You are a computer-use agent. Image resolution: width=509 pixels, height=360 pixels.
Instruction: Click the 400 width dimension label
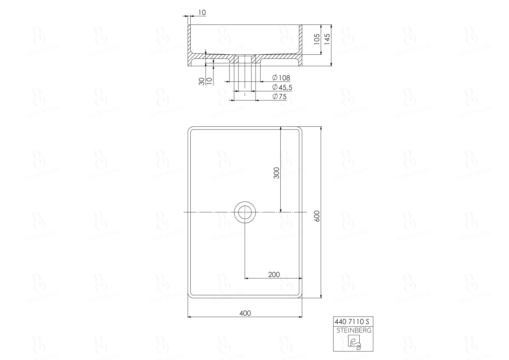click(x=245, y=313)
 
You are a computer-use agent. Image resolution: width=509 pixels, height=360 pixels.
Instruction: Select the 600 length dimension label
click(x=317, y=216)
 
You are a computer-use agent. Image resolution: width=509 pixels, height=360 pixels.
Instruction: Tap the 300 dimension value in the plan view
click(x=277, y=173)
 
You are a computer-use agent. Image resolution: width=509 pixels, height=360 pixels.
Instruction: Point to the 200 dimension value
click(x=274, y=274)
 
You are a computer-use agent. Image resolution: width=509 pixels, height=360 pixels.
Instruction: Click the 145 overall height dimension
click(x=327, y=39)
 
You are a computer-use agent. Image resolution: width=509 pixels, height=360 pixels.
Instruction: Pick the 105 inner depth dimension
click(x=317, y=39)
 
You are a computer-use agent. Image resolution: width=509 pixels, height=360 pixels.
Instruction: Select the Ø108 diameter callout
click(x=281, y=78)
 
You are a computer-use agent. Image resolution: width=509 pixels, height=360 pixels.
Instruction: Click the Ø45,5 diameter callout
click(x=282, y=87)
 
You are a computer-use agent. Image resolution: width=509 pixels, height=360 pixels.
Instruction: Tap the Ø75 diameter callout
click(x=280, y=96)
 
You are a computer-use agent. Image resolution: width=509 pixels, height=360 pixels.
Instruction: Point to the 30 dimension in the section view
click(x=202, y=81)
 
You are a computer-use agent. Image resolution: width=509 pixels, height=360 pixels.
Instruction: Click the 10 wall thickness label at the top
click(x=202, y=13)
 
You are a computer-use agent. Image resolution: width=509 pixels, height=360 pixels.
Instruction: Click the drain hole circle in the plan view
click(x=245, y=212)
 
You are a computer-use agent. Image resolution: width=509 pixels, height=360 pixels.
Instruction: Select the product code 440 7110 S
click(x=352, y=321)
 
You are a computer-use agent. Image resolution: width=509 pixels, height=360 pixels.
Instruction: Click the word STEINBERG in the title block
click(x=354, y=330)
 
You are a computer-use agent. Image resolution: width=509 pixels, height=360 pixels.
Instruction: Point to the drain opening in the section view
click(x=245, y=59)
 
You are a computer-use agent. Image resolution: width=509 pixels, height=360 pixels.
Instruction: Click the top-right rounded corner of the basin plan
click(x=299, y=129)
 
